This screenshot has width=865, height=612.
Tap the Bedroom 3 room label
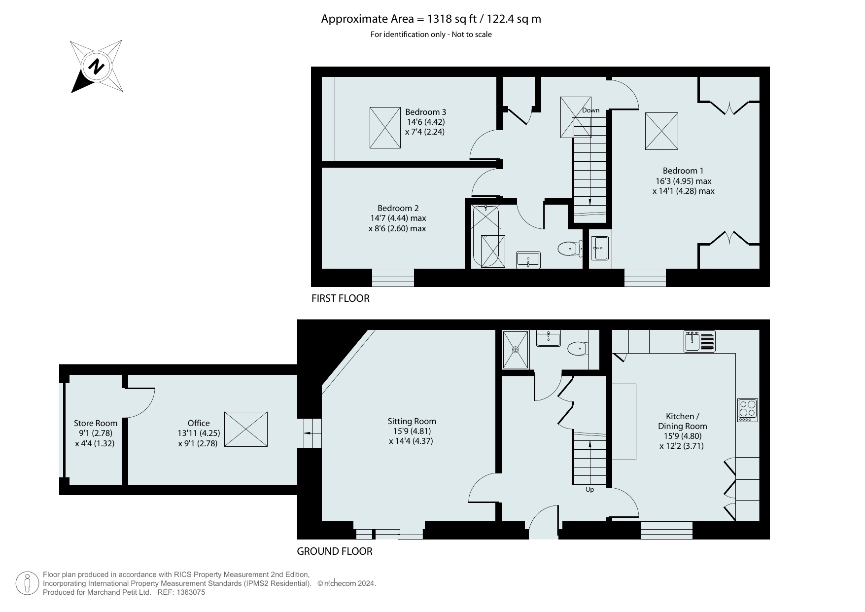(x=425, y=112)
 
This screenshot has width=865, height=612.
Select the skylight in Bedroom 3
(x=385, y=128)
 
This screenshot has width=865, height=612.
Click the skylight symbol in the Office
(x=246, y=429)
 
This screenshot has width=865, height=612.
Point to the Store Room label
(x=96, y=423)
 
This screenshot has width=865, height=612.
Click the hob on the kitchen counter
(x=748, y=410)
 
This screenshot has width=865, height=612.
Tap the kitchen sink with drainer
(x=699, y=341)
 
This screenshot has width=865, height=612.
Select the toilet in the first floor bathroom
(x=570, y=249)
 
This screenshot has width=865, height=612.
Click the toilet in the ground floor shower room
(x=578, y=349)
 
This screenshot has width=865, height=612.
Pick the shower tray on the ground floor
(x=516, y=350)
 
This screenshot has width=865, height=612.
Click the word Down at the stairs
(x=590, y=110)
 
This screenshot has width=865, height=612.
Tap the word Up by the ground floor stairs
(x=589, y=490)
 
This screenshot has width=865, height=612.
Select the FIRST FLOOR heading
(x=340, y=298)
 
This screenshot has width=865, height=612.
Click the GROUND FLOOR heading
(x=335, y=551)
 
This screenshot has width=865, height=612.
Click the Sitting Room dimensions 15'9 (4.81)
(x=412, y=431)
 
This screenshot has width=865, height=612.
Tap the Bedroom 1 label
(x=683, y=171)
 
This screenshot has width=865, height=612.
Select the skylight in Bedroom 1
(x=661, y=131)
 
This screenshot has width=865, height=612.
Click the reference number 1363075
(x=188, y=592)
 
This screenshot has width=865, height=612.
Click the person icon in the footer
(x=27, y=583)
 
